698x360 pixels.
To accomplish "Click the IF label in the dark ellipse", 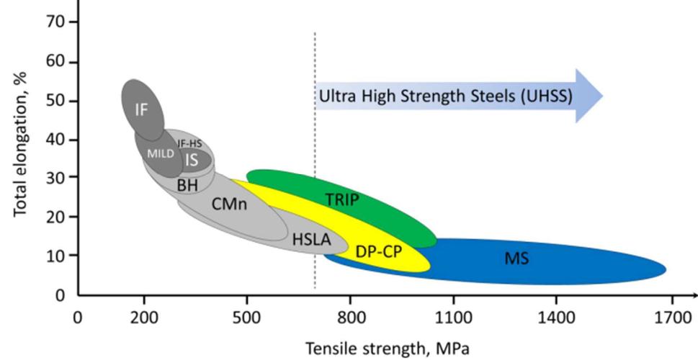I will (x=141, y=109).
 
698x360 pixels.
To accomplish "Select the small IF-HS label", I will (x=189, y=144).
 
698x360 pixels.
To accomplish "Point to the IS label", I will (x=191, y=161).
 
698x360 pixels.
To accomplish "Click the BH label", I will (x=187, y=185).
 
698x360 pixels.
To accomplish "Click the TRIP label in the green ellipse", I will (x=341, y=200).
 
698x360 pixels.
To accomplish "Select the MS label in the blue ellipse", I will (x=517, y=257).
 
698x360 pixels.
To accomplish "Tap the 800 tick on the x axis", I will (x=351, y=316).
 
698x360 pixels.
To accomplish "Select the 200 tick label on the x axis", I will (x=144, y=316).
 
